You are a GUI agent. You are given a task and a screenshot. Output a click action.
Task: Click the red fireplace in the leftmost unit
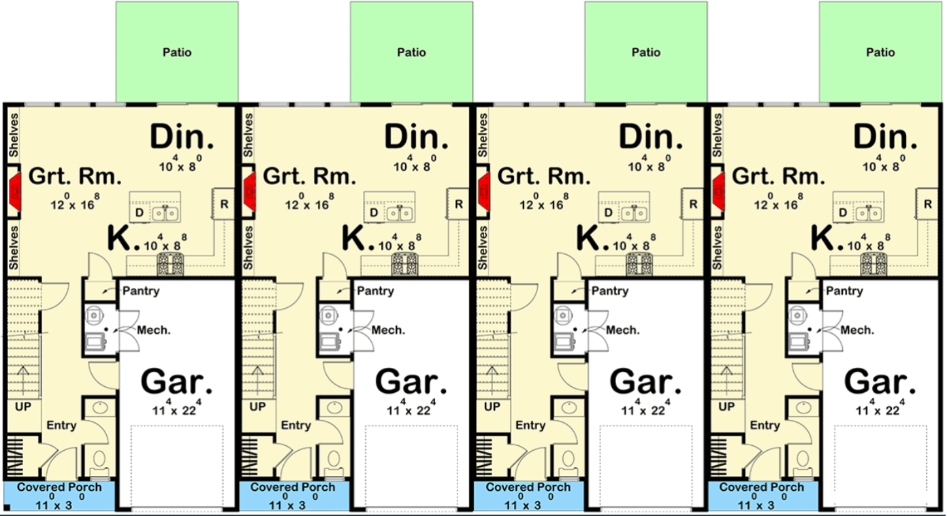(x=15, y=192)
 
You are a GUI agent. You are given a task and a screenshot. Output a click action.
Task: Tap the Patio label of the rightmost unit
(x=881, y=52)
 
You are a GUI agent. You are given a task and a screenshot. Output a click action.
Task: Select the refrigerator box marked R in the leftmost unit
(x=223, y=204)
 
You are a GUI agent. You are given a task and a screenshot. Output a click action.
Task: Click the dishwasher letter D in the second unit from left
(x=374, y=212)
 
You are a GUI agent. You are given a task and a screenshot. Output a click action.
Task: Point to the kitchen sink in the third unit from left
(x=634, y=213)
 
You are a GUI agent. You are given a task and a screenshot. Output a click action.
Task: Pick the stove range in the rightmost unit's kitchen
(x=874, y=264)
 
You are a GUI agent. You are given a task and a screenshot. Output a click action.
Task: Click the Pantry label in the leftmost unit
(x=141, y=291)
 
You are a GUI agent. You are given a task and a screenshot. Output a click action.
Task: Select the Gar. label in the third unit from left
(x=645, y=382)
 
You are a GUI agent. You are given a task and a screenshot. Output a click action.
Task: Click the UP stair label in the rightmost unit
(x=726, y=407)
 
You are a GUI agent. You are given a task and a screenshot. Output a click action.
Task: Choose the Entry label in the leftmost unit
(x=61, y=425)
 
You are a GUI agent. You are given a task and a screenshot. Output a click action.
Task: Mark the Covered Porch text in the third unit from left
(x=528, y=487)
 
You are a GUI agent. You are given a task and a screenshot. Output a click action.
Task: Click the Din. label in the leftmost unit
(x=182, y=137)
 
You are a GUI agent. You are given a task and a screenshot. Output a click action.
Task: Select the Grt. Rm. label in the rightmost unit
(x=778, y=176)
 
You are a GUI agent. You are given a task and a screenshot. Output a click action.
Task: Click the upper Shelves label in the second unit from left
(x=248, y=135)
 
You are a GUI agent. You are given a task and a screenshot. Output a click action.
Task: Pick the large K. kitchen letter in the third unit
(x=592, y=238)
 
